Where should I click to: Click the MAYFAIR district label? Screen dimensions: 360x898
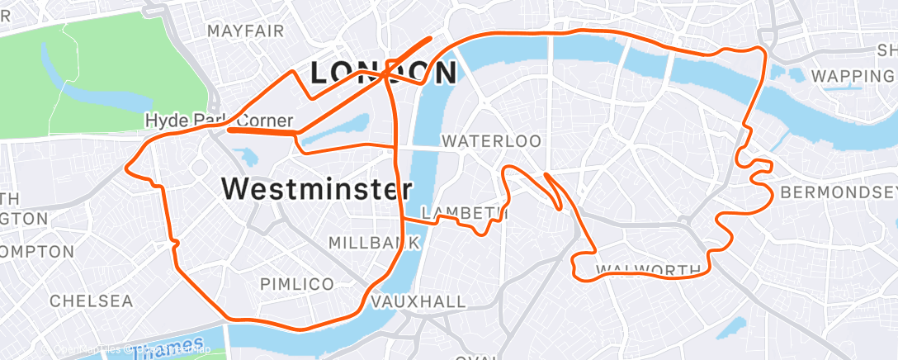(x=246, y=31)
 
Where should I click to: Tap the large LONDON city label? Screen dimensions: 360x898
(x=383, y=73)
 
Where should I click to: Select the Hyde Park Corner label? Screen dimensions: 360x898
(x=219, y=121)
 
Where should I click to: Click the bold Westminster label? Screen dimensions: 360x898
(x=317, y=189)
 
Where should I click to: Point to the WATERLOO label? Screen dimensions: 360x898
(x=491, y=141)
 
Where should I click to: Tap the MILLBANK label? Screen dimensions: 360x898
(x=375, y=243)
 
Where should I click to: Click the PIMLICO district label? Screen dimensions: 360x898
(x=297, y=284)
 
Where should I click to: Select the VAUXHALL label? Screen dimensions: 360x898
(x=419, y=302)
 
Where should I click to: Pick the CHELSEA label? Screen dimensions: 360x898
(x=91, y=301)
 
